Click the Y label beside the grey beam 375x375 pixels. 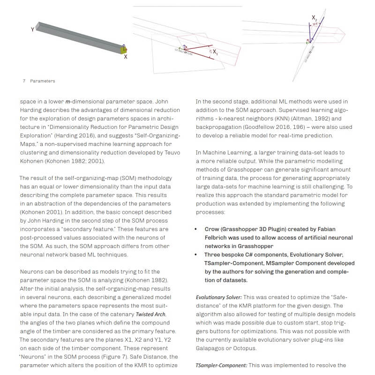tap(33, 29)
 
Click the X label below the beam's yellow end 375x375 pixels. tap(126, 56)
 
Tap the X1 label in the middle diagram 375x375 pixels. tap(215, 52)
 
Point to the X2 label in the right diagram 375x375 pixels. tap(315, 18)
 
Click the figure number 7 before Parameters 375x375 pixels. tap(24, 81)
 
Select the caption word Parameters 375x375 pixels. tap(43, 81)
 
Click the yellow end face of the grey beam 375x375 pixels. tap(125, 50)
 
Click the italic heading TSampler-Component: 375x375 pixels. tap(221, 365)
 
